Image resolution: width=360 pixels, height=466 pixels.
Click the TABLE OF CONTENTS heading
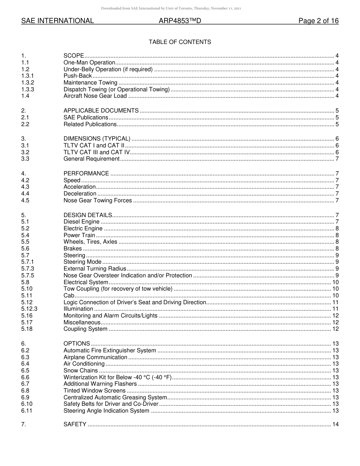pyautogui.click(x=180, y=42)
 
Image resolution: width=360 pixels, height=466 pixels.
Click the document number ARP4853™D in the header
pyautogui.click(x=180, y=21)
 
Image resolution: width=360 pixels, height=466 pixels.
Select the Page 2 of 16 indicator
pyautogui.click(x=318, y=21)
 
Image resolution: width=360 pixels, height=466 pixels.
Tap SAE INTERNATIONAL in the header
pyautogui.click(x=58, y=21)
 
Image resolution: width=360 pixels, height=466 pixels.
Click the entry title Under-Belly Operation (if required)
pyautogui.click(x=108, y=69)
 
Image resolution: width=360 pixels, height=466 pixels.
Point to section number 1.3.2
pyautogui.click(x=28, y=83)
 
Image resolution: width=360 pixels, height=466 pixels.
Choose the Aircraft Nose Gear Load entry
pyautogui.click(x=95, y=96)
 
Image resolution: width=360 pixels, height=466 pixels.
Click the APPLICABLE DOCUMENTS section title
pyautogui.click(x=101, y=111)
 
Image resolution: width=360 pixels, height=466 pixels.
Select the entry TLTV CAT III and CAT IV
pyautogui.click(x=97, y=152)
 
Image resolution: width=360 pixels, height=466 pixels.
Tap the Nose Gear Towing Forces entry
pyautogui.click(x=98, y=200)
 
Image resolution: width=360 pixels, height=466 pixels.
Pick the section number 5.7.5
pyautogui.click(x=28, y=275)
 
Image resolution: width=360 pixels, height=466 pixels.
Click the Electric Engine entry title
pyautogui.click(x=83, y=228)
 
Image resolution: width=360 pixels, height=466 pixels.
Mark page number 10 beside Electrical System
pyautogui.click(x=335, y=282)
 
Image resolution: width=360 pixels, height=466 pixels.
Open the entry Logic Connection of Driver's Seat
pyautogui.click(x=135, y=302)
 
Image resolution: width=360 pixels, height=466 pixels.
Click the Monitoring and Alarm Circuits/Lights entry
pyautogui.click(x=110, y=316)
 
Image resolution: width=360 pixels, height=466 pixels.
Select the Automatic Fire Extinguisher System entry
pyautogui.click(x=110, y=350)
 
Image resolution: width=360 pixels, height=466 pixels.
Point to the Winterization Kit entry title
pyautogui.click(x=117, y=377)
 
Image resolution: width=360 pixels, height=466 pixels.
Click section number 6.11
pyautogui.click(x=27, y=411)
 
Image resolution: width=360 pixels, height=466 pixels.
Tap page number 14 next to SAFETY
pyautogui.click(x=335, y=424)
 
